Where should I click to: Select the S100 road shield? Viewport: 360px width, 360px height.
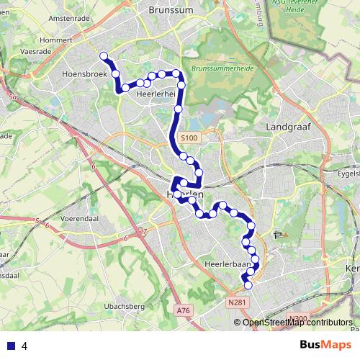[189, 137]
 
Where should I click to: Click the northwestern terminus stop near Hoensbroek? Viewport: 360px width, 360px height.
[104, 55]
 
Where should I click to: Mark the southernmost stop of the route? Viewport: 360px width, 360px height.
[248, 286]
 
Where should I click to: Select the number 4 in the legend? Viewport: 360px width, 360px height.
[24, 346]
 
